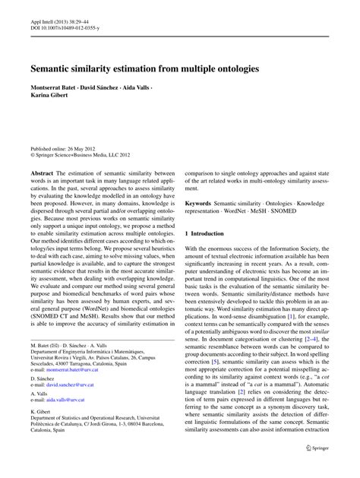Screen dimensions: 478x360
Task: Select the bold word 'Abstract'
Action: pos(43,174)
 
